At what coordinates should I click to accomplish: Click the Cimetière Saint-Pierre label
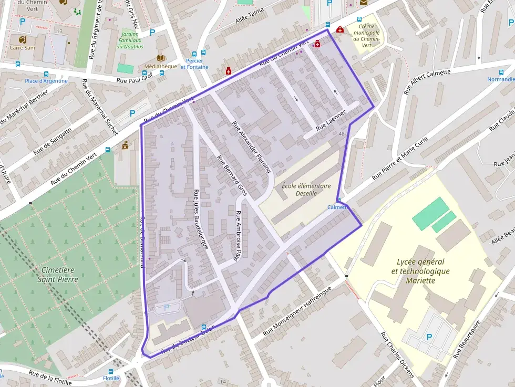click(59, 275)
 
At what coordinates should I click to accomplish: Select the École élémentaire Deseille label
click(306, 190)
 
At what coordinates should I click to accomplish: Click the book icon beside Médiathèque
click(161, 58)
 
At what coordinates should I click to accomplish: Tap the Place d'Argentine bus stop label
click(47, 81)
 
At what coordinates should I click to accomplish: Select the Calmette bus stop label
click(338, 207)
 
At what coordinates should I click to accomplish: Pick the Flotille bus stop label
click(111, 378)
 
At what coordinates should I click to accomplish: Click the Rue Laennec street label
click(332, 121)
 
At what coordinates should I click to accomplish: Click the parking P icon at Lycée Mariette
click(429, 337)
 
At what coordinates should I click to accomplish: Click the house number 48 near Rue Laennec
click(342, 134)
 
